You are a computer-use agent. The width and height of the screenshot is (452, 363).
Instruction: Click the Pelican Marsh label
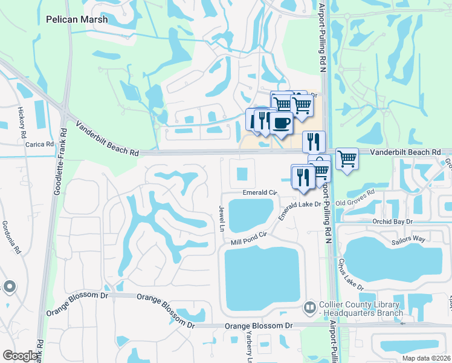click(77, 19)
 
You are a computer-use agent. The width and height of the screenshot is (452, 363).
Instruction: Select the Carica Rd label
click(39, 145)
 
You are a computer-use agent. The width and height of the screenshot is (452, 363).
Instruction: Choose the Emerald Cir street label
click(259, 192)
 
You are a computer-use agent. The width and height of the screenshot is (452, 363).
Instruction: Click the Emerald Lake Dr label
click(299, 209)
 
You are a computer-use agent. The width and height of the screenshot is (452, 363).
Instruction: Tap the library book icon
click(310, 309)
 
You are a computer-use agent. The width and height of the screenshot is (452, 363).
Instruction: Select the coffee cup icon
click(280, 123)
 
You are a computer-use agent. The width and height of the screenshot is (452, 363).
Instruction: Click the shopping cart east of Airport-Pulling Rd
click(347, 159)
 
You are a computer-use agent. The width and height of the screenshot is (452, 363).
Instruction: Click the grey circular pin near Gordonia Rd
click(9, 286)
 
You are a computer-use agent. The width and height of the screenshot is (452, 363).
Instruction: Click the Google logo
click(20, 356)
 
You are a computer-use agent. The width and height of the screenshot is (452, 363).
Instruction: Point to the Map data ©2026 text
click(426, 358)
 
